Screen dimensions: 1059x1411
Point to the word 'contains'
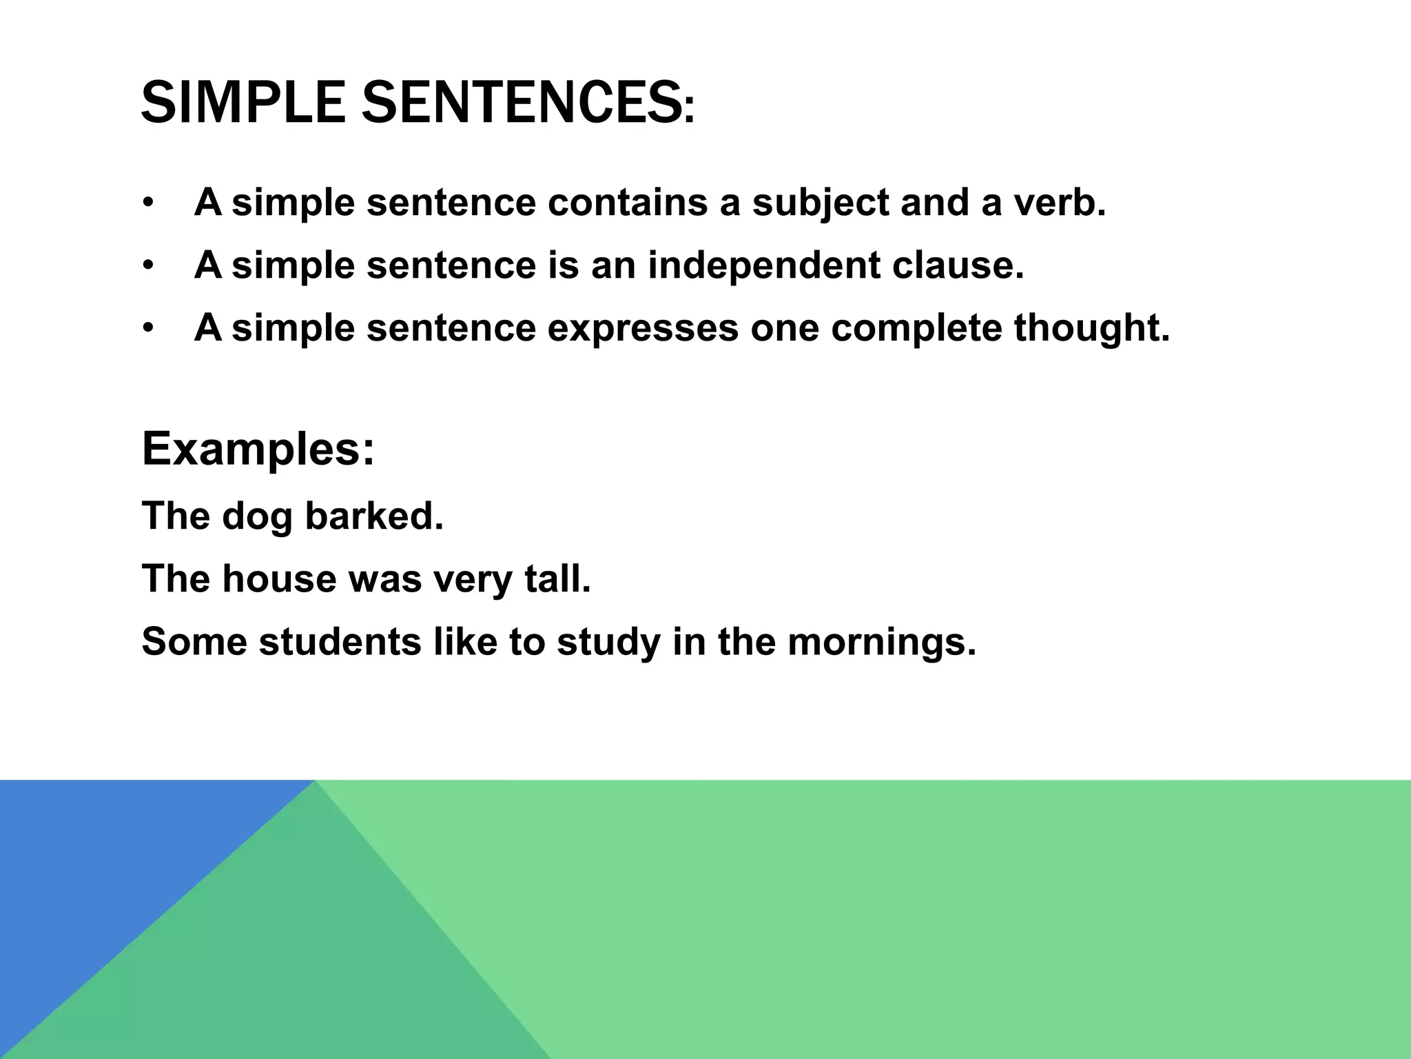(627, 203)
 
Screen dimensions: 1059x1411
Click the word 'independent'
(763, 265)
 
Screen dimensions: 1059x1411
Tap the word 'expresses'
(643, 327)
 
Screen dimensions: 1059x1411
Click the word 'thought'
(1091, 327)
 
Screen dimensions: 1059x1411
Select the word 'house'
(279, 578)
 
